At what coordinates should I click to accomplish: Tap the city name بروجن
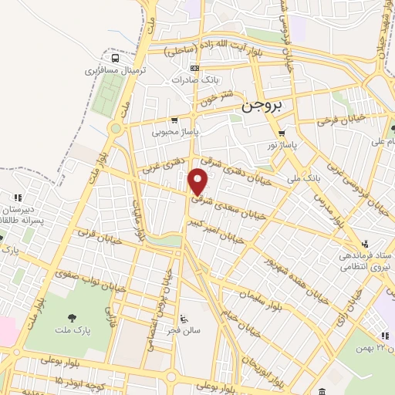(x=259, y=106)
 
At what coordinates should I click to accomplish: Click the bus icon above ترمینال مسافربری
(x=115, y=58)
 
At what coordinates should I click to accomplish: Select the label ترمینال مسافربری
(x=116, y=70)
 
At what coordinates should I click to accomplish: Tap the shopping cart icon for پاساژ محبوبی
(x=175, y=120)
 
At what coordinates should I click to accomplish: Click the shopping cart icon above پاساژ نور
(x=282, y=131)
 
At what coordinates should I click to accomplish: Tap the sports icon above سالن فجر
(x=183, y=317)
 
